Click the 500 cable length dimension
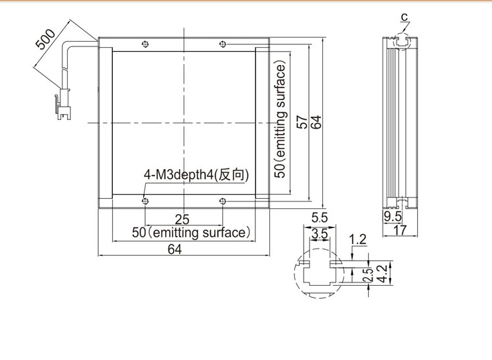[45, 39]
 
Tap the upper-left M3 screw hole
[145, 44]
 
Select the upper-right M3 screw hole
[223, 44]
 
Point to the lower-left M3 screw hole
[145, 201]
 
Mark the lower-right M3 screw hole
[223, 201]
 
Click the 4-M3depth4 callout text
[196, 174]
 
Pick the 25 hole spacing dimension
[182, 219]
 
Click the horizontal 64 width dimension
[175, 249]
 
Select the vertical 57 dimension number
[302, 122]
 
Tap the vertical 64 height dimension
[316, 122]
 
